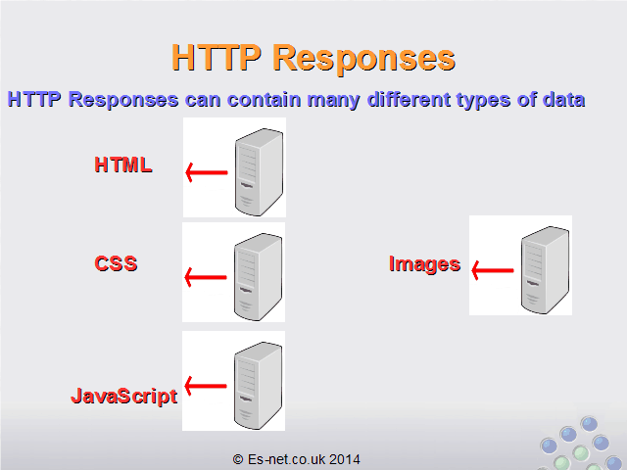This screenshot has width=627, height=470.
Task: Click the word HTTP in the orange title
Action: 217,57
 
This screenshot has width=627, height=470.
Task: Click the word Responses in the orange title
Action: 363,59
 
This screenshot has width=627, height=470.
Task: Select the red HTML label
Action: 123,164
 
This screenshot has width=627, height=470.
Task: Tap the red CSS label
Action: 116,263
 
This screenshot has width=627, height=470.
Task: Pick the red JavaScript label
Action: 124,396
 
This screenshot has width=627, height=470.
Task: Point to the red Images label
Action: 424,264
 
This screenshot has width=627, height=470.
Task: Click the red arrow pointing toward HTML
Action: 207,172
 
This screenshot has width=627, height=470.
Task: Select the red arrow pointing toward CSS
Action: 206,277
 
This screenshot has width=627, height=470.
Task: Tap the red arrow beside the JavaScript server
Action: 206,386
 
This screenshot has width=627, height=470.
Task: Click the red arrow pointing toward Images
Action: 492,270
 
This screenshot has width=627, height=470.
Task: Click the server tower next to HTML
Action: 259,172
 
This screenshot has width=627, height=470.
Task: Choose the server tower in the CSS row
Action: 258,276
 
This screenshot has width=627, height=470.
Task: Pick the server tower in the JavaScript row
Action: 258,385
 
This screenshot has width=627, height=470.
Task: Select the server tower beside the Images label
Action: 545,270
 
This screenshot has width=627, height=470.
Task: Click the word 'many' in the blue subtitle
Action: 333,100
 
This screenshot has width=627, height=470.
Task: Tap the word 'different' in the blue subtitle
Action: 409,99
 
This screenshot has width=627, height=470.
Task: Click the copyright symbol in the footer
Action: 238,459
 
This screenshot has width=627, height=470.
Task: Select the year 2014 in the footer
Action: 345,459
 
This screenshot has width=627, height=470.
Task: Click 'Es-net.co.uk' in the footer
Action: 286,459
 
